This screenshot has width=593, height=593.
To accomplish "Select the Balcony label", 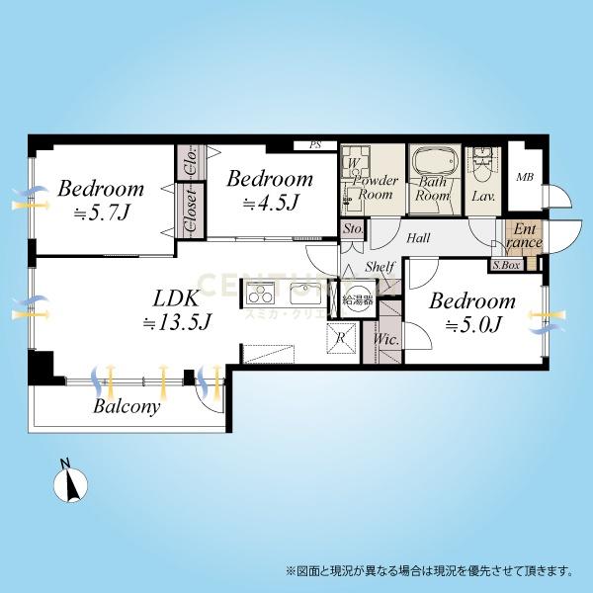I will (127, 405).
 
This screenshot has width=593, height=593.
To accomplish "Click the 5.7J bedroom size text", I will (99, 212).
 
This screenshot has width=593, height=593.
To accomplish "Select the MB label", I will (525, 177).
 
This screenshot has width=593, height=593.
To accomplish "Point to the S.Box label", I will (505, 265).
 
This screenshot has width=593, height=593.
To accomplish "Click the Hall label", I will (417, 236).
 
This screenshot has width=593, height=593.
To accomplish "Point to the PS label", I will (316, 145).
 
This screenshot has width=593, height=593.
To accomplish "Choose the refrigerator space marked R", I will (340, 336).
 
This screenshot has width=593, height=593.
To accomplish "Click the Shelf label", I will (381, 267).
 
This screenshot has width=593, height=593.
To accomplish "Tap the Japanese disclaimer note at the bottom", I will (429, 570).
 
